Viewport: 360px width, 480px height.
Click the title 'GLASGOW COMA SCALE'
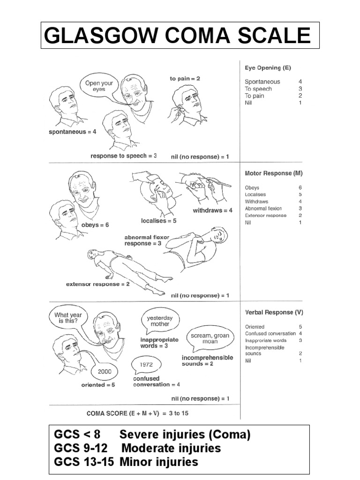coord(180,36)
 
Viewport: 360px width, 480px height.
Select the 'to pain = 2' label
coord(185,79)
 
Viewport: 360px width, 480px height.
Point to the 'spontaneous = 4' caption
coord(73,132)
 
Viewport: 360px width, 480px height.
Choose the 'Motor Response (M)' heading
coord(274,173)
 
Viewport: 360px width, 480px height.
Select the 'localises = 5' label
coord(158,220)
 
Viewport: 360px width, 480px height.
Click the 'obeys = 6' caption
coord(95,225)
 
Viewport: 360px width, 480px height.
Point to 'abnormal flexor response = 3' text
coord(146,240)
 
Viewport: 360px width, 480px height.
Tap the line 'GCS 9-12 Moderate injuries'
coord(137,449)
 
